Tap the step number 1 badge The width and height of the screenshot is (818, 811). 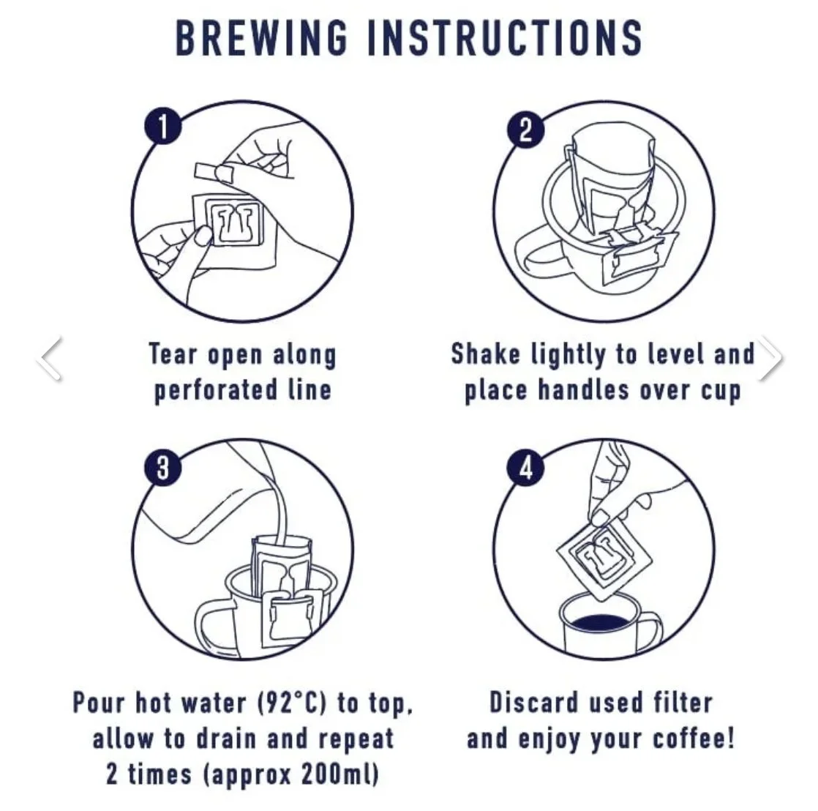[x=163, y=127]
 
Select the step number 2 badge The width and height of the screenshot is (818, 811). [x=526, y=130]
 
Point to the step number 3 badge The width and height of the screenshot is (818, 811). [x=163, y=467]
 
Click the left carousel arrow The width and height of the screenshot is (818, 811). [x=50, y=358]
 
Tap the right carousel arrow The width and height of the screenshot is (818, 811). [x=770, y=358]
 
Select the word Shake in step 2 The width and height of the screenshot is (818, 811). [x=485, y=354]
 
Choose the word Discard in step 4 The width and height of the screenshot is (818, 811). [x=533, y=703]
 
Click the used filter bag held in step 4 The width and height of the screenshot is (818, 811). [x=605, y=558]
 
